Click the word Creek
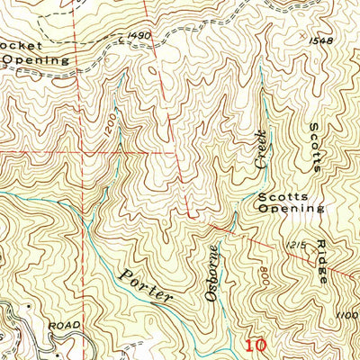pyautogui.click(x=260, y=148)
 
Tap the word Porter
pyautogui.click(x=148, y=285)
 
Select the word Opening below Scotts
pyautogui.click(x=290, y=208)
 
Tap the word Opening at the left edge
pyautogui.click(x=34, y=59)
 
